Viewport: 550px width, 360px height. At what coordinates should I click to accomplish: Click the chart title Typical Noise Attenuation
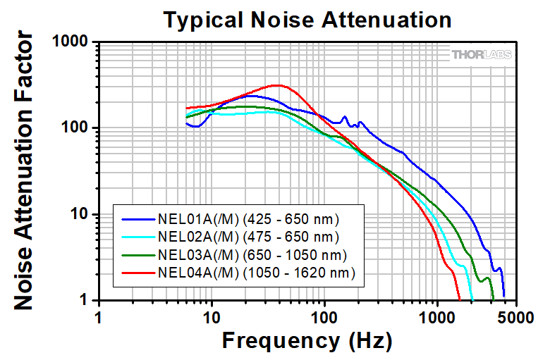click(307, 20)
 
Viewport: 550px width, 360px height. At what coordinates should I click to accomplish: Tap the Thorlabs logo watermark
click(482, 54)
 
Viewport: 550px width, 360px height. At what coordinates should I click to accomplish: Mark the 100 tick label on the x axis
click(324, 316)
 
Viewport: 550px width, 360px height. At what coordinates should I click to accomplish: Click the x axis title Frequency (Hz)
click(307, 341)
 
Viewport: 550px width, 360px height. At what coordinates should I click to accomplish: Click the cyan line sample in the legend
click(137, 235)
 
